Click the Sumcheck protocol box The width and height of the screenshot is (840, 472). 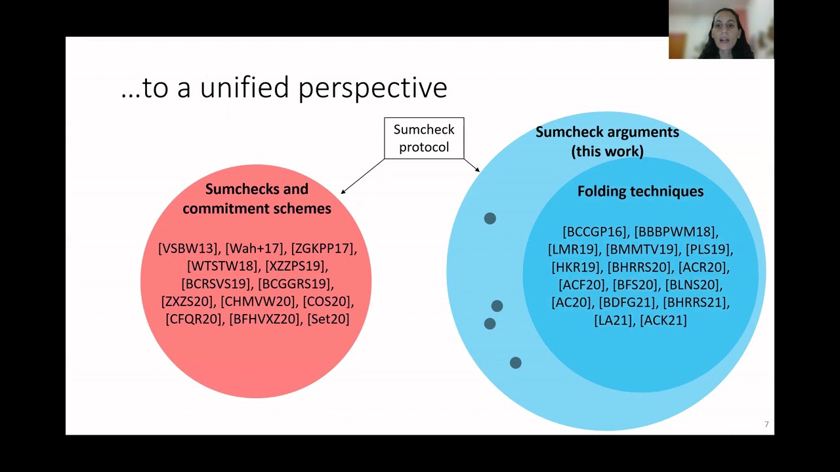(424, 138)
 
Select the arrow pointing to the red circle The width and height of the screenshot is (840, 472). (362, 176)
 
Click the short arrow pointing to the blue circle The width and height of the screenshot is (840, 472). (472, 165)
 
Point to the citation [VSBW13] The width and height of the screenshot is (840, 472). (188, 248)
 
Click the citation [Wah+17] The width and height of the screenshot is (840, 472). (255, 248)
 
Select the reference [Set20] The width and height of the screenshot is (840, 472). (328, 319)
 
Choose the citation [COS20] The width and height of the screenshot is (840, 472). (328, 302)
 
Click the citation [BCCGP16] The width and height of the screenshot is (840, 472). (595, 232)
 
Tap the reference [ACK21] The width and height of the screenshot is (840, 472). (663, 321)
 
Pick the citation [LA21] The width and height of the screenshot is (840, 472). (614, 321)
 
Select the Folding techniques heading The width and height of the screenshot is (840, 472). (640, 191)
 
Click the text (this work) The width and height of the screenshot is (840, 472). (607, 151)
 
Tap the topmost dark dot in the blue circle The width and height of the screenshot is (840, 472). (490, 218)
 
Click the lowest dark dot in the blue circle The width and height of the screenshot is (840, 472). (515, 363)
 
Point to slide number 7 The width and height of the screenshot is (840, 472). (766, 425)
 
